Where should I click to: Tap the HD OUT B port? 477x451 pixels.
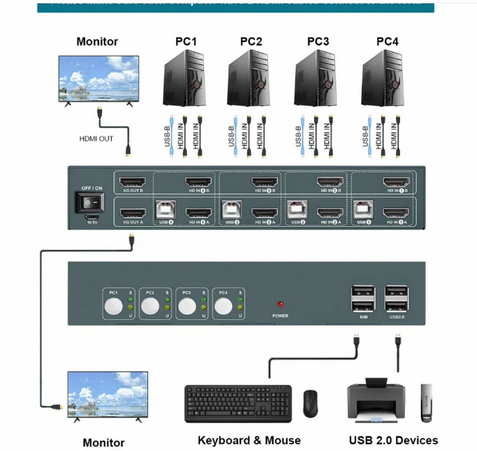(132, 182)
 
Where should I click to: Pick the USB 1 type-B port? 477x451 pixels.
(363, 210)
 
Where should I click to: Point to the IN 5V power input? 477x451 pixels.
(92, 217)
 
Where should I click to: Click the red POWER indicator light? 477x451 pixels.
(280, 304)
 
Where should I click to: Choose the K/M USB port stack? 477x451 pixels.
(363, 299)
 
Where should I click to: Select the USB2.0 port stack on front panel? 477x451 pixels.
(396, 299)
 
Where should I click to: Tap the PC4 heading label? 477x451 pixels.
(387, 41)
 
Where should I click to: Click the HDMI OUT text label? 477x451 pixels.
(96, 139)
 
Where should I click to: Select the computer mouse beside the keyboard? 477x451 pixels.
(311, 403)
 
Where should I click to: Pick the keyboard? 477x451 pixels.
(238, 403)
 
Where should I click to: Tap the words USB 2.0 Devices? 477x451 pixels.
(393, 440)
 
